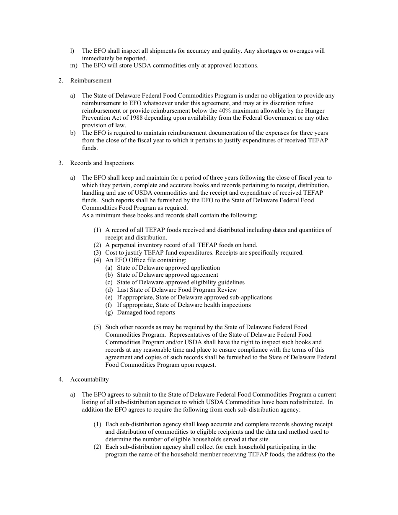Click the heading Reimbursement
(90, 80)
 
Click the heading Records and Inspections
(102, 163)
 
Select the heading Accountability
(89, 379)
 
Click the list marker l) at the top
(72, 51)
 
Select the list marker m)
(73, 65)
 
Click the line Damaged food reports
(146, 312)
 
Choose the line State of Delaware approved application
(168, 268)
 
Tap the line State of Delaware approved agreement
(167, 275)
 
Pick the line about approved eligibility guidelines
(181, 283)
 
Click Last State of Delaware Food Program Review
(176, 290)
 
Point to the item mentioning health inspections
(183, 305)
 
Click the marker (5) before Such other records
(97, 327)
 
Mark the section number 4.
(61, 379)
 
